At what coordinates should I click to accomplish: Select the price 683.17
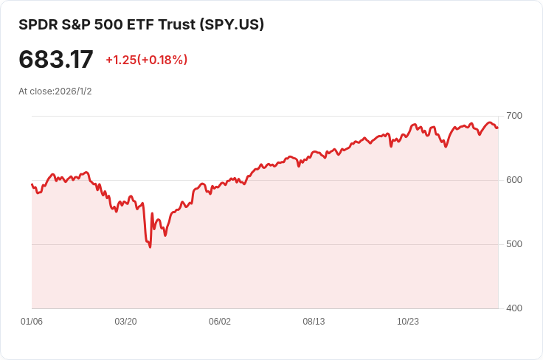[x=56, y=60]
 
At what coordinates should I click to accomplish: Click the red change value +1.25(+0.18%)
[x=146, y=60]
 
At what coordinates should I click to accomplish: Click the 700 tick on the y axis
[x=514, y=116]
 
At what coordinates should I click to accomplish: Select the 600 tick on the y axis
[x=514, y=180]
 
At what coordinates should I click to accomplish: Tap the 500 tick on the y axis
[x=514, y=244]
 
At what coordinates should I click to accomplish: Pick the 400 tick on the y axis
[x=514, y=308]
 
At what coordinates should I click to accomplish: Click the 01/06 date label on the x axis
[x=32, y=322]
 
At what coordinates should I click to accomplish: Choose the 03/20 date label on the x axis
[x=126, y=322]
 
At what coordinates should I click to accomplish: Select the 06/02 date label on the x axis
[x=220, y=322]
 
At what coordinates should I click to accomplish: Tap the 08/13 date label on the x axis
[x=314, y=322]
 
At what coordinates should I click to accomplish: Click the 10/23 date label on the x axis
[x=408, y=322]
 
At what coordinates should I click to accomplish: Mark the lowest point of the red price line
[x=151, y=246]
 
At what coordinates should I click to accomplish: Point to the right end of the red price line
[x=497, y=128]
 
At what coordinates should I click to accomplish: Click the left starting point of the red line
[x=32, y=184]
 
